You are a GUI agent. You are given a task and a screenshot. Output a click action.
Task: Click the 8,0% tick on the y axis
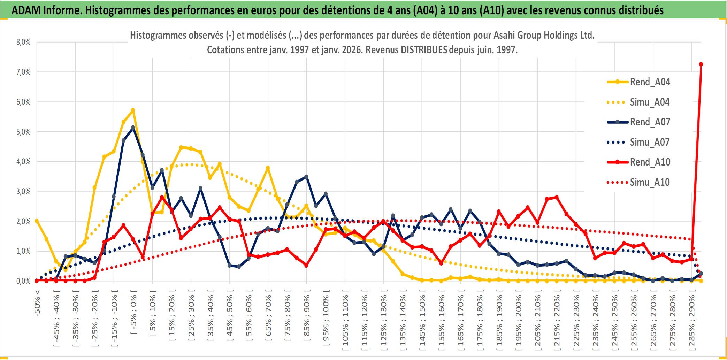pyautogui.click(x=23, y=42)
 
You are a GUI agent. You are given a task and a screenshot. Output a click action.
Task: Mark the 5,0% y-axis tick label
pyautogui.click(x=23, y=132)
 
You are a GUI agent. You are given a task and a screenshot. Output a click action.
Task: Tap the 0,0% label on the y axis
pyautogui.click(x=23, y=281)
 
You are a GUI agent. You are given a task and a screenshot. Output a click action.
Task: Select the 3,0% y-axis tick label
pyautogui.click(x=23, y=191)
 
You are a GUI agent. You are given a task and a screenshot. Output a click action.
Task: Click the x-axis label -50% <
pyautogui.click(x=37, y=302)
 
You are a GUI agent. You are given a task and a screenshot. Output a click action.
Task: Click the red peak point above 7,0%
pyautogui.click(x=701, y=64)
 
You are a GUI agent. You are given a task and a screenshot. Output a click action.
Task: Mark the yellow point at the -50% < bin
pyautogui.click(x=37, y=221)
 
